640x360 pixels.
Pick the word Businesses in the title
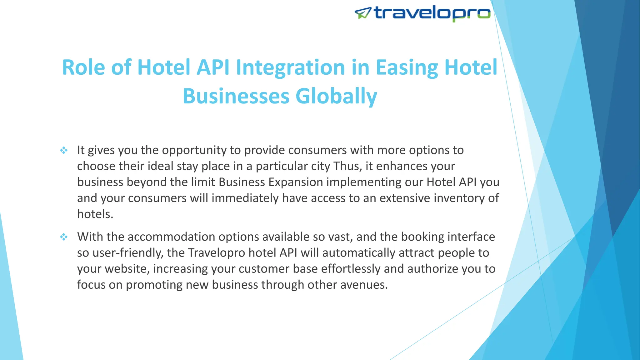pos(236,96)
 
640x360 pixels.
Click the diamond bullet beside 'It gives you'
pos(64,150)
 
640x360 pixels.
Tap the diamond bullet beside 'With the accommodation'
pos(64,237)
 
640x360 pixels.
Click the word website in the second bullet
pos(127,269)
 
